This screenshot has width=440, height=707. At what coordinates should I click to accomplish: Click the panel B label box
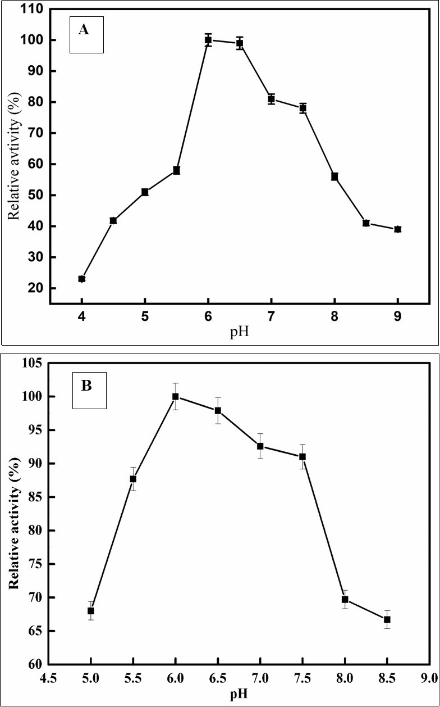(x=90, y=391)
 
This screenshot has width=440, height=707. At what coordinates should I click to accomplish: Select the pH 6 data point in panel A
(x=208, y=40)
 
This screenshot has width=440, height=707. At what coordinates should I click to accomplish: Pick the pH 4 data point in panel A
(x=82, y=279)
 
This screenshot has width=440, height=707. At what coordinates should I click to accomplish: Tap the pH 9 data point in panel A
(x=397, y=229)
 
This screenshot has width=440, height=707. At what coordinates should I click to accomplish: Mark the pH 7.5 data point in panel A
(x=303, y=108)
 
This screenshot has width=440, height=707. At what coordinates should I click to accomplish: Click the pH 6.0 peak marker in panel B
(x=176, y=397)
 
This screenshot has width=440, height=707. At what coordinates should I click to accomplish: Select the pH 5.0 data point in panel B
(x=91, y=611)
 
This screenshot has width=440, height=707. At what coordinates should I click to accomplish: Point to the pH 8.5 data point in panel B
(x=387, y=619)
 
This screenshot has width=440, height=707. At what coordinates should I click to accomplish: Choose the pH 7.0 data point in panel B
(x=260, y=446)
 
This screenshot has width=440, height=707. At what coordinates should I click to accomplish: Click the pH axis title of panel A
(x=240, y=332)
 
